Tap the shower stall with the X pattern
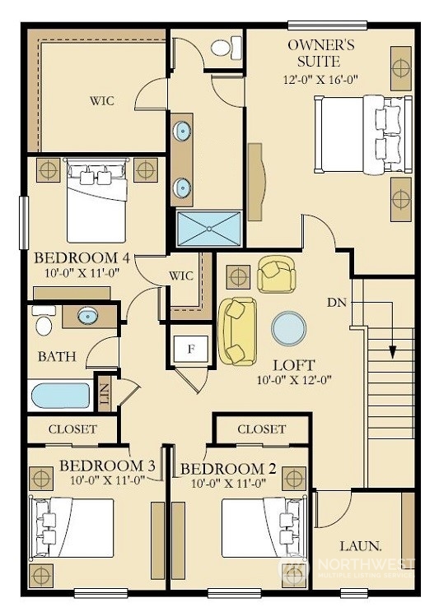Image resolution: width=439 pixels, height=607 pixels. coord(209,229)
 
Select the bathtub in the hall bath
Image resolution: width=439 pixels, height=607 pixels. coord(60,396)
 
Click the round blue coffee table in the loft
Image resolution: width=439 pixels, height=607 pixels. coord(288,328)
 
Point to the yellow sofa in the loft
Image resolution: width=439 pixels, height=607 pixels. coord(238,331)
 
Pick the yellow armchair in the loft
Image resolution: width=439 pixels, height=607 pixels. coord(277,274)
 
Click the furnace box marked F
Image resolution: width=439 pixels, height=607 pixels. coord(191,349)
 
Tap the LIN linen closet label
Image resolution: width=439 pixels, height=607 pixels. coord(104,394)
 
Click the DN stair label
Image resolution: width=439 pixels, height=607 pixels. coord(336,303)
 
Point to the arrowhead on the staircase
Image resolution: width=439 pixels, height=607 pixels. coord(393,352)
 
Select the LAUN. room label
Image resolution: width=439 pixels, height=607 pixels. coord(361,546)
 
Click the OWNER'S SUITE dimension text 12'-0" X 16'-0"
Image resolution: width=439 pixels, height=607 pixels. coord(320,79)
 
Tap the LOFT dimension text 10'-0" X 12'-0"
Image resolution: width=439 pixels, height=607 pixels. coord(294,380)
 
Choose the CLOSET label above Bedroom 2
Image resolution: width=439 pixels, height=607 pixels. coord(261,429)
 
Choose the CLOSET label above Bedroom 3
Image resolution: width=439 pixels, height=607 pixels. coord(72,429)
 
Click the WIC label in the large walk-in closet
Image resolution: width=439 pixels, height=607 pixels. coord(102,101)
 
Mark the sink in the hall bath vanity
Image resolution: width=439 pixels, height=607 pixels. coord(88,316)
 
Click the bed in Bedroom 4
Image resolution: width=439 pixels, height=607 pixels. coord(96,200)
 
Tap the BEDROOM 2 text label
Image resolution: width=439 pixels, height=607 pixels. coord(228,469)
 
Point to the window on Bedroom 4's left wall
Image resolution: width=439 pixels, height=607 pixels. coord(24,223)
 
